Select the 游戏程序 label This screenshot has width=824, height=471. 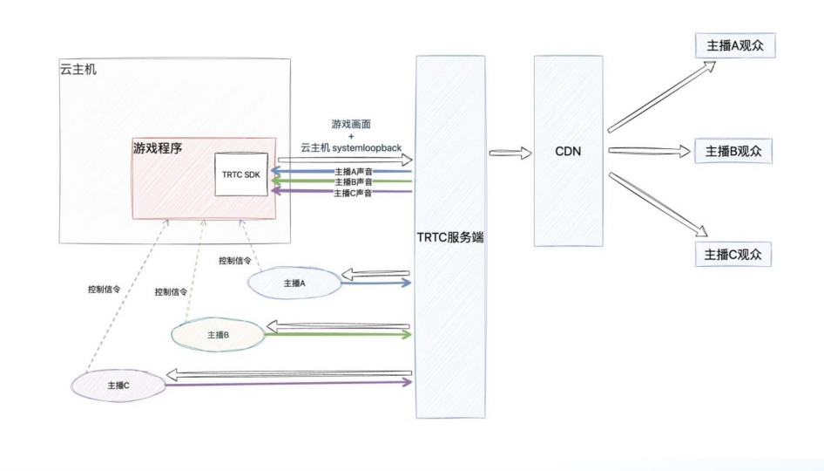158,148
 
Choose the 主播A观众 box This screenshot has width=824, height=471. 733,46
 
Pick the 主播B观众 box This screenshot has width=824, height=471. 733,150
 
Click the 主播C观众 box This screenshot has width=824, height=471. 733,254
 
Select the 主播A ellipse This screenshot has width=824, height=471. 294,283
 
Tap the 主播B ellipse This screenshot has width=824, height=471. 218,334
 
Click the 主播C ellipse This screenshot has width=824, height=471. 118,385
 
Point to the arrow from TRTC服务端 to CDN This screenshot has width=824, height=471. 510,154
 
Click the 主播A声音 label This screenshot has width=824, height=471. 354,172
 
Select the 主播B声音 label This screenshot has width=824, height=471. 354,182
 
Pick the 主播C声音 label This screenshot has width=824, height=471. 354,193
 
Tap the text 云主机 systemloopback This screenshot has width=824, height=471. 351,148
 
